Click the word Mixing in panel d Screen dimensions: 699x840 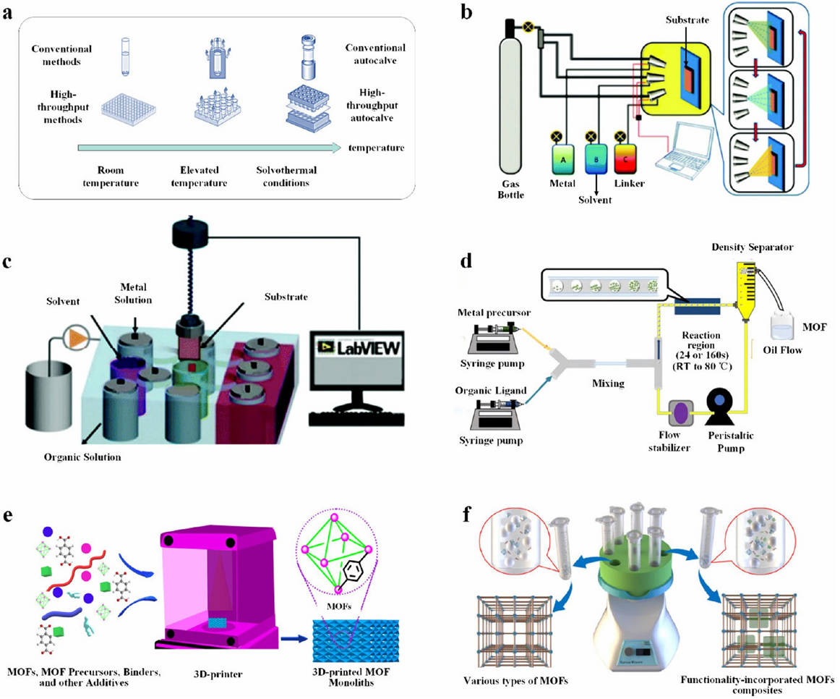coord(609,383)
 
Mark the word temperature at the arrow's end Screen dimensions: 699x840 coord(374,148)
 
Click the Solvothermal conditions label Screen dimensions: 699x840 coord(288,178)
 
